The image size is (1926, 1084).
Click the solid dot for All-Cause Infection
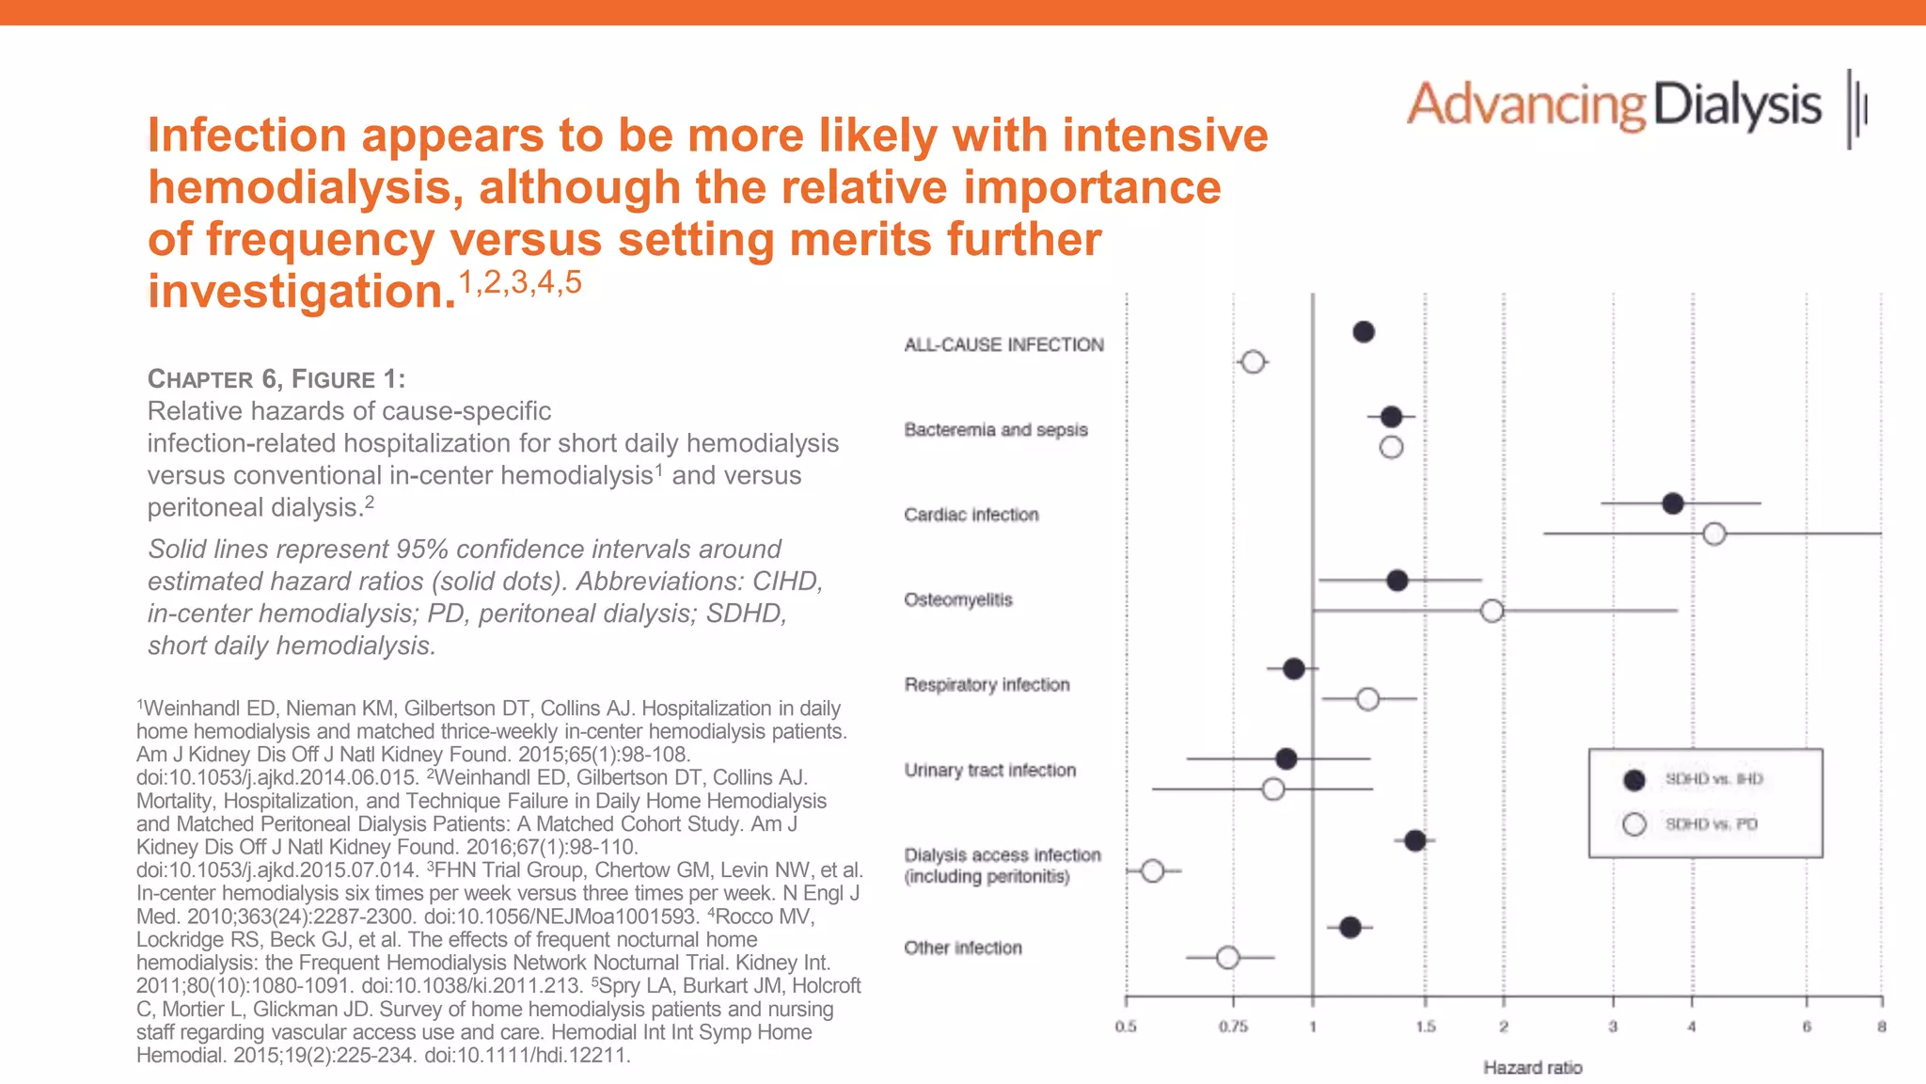(1364, 331)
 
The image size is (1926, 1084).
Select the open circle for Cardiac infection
(1714, 534)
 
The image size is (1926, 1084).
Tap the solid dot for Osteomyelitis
(1397, 580)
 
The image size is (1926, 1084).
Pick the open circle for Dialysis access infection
(1152, 870)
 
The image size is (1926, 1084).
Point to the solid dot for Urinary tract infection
(1287, 758)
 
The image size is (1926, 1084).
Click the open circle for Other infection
(1227, 958)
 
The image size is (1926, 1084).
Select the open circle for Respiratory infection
(1368, 699)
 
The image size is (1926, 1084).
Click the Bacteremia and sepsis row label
(995, 430)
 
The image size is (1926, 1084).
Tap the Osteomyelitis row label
(957, 599)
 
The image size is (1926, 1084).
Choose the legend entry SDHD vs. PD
(1711, 824)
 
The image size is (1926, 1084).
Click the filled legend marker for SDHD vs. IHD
(1634, 779)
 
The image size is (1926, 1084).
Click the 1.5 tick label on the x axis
(1426, 1027)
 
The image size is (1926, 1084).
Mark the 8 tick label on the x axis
(1881, 1027)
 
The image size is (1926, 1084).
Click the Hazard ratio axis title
(1532, 1067)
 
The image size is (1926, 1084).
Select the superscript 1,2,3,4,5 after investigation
(520, 281)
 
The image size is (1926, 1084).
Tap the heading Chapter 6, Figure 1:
(276, 379)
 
